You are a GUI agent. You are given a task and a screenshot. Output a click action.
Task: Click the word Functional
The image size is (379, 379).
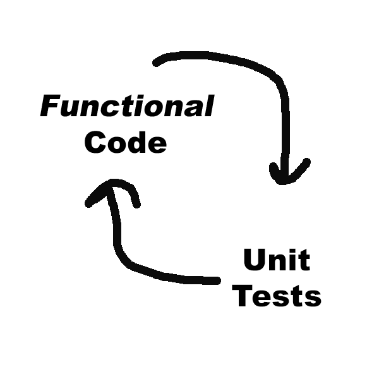point(126,107)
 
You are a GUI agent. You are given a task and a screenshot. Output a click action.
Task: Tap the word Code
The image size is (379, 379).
point(125,143)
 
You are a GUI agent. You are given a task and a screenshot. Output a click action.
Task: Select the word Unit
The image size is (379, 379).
point(276,260)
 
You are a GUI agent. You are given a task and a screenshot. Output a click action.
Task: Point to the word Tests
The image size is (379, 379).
point(277,296)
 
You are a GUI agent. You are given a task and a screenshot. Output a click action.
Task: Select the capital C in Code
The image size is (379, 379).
point(95,143)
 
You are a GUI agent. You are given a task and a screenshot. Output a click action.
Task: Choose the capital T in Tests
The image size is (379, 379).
point(244,296)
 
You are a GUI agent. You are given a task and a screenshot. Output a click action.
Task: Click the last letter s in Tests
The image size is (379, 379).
point(312,298)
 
